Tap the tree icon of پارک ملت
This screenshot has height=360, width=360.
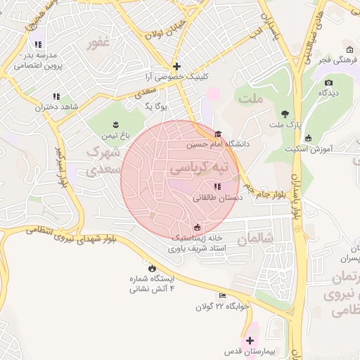point(285,114)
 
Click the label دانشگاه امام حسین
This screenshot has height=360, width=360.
point(218,144)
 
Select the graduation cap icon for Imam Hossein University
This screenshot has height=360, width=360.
point(218,134)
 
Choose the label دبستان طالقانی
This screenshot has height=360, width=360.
point(217,198)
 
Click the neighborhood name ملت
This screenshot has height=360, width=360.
point(250,99)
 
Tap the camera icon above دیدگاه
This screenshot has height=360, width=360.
point(328,83)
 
